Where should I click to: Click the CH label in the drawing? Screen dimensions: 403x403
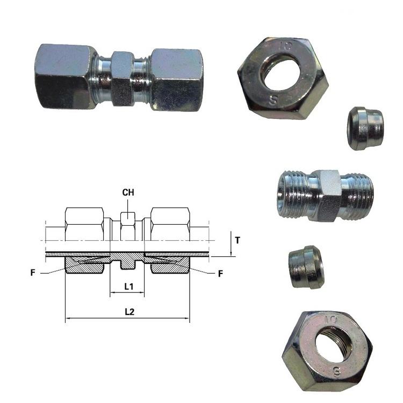coord(128,192)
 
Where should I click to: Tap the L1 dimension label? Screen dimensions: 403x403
coord(129,286)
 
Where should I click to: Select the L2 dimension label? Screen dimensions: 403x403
coord(129,312)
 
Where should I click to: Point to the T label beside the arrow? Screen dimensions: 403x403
coord(238,240)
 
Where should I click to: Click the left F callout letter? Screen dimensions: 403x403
coord(33,272)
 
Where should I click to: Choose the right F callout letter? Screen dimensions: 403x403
coord(220,274)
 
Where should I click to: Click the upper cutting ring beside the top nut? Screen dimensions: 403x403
coord(365,128)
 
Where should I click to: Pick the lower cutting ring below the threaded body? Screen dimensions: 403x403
coord(306,267)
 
